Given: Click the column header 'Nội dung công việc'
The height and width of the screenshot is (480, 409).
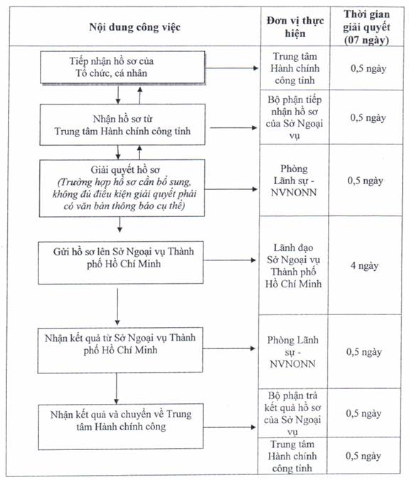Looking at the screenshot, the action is click(134, 27).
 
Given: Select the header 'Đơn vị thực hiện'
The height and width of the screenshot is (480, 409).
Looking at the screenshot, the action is click(295, 27).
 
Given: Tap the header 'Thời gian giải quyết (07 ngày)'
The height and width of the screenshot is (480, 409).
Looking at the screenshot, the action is click(366, 27).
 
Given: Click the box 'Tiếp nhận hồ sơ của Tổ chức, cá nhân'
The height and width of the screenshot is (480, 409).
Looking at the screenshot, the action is click(123, 68).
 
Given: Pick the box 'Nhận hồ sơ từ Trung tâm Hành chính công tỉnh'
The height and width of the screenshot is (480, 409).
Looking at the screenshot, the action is click(122, 124).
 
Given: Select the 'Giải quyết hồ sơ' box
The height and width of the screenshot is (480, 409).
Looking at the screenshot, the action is click(122, 188).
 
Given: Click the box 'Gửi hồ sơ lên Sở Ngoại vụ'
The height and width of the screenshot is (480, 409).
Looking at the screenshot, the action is click(121, 262).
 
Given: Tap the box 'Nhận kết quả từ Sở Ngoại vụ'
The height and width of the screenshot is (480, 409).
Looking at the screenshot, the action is click(120, 350).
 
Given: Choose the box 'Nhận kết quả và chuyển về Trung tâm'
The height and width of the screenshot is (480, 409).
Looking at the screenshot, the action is click(121, 427).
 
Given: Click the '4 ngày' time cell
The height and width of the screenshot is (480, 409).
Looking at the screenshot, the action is click(364, 265).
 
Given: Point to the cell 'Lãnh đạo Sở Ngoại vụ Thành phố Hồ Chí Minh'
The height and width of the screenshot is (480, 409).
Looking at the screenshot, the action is click(293, 266).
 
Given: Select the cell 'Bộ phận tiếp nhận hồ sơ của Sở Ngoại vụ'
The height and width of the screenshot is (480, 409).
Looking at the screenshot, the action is click(294, 117).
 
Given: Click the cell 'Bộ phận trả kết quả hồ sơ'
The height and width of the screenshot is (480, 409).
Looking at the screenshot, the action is click(292, 413).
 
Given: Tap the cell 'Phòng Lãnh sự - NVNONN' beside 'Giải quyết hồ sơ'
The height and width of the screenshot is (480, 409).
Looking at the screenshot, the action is click(294, 181).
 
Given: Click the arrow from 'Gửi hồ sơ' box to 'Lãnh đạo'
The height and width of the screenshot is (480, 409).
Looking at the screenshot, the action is click(230, 260).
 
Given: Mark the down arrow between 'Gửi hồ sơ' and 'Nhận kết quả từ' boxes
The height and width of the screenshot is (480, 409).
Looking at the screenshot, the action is click(117, 306).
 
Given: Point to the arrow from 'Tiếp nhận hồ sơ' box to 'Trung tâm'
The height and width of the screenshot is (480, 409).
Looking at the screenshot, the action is click(232, 68).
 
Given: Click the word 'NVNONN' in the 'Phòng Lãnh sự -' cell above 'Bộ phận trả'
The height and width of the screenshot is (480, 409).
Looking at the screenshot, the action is click(292, 363).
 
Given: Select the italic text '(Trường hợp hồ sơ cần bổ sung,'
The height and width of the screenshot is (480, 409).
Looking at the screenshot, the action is click(124, 182).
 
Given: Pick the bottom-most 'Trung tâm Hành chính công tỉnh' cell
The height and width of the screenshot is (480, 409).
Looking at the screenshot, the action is click(292, 456).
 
